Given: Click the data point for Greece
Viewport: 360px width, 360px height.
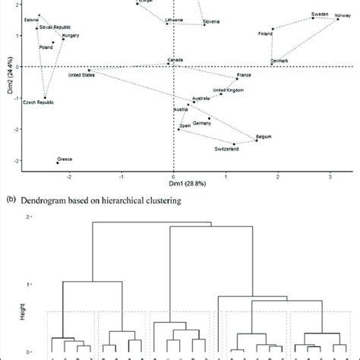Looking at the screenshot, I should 58,163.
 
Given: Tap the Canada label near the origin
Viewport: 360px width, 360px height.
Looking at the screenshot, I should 175,60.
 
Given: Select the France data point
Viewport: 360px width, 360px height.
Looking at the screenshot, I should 237,79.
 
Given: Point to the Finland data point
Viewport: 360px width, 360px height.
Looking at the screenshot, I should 273,29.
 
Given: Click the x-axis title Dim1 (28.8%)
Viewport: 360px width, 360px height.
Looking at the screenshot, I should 173,185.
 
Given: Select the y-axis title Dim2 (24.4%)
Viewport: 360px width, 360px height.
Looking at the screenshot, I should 6,84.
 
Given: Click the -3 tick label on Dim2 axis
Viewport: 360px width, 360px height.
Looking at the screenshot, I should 14,161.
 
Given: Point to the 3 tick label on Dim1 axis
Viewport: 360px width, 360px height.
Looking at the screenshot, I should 330,174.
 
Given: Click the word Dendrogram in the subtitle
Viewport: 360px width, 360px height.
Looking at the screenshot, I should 43,199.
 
